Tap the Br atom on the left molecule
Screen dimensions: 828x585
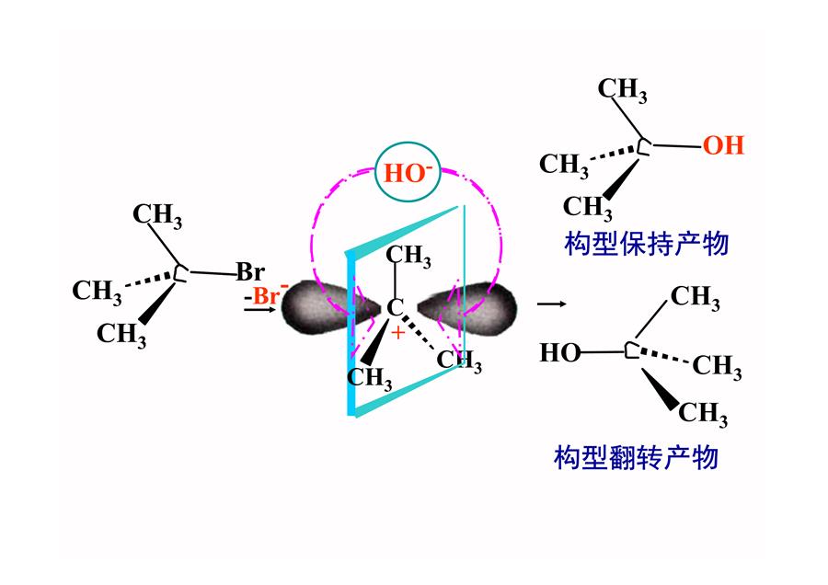point(250,272)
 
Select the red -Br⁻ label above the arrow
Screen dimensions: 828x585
point(267,295)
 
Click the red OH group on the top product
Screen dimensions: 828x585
point(723,145)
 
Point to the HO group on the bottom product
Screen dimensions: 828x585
point(559,352)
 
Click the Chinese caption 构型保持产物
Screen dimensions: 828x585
point(647,244)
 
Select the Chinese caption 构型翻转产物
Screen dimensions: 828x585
point(636,457)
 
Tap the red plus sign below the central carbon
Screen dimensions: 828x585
point(397,333)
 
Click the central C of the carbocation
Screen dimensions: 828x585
point(395,308)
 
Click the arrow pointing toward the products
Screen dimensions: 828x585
point(551,304)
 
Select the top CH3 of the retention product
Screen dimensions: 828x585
point(622,90)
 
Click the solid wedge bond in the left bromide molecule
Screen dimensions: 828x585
point(157,304)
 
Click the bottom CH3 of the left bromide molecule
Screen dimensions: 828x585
point(121,335)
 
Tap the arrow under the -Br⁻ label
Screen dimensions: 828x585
point(259,309)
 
